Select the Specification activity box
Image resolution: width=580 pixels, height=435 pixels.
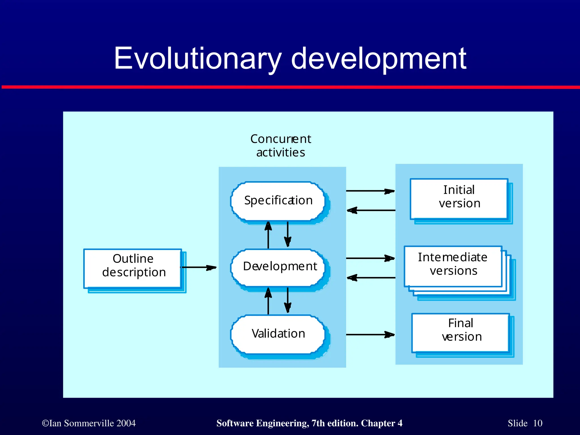pyautogui.click(x=278, y=201)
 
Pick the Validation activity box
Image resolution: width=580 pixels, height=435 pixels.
pyautogui.click(x=278, y=334)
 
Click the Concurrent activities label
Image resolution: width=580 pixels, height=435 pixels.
pyautogui.click(x=280, y=146)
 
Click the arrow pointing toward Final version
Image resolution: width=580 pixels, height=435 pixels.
pyautogui.click(x=370, y=335)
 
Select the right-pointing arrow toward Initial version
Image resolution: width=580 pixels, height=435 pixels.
pyautogui.click(x=370, y=191)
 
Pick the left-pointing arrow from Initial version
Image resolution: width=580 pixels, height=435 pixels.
pyautogui.click(x=371, y=210)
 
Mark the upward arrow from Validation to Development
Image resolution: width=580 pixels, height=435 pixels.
pyautogui.click(x=268, y=301)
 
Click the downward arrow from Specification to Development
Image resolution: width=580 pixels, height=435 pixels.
pyautogui.click(x=288, y=234)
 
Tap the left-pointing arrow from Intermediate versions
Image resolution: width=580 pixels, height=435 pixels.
pyautogui.click(x=371, y=278)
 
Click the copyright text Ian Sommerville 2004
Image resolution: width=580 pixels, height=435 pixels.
pyautogui.click(x=89, y=423)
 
